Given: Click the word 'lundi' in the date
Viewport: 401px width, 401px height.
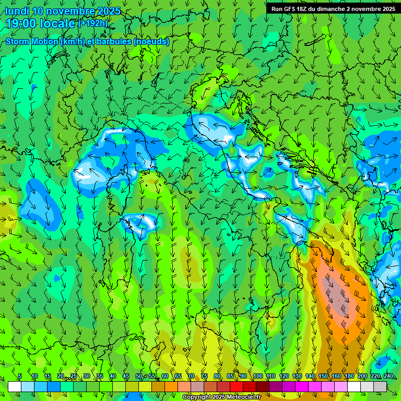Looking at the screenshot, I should (17, 11).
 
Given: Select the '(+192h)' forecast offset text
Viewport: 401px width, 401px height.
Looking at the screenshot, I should (93, 23).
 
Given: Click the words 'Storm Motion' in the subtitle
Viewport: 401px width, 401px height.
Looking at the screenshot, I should (32, 41).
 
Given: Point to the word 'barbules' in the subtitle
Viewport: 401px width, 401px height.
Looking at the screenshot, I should (114, 41).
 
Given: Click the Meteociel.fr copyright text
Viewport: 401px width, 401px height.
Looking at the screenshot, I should (225, 397).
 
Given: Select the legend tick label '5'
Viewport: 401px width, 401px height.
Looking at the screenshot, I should (20, 376).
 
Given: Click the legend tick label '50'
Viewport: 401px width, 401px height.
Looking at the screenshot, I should (139, 376).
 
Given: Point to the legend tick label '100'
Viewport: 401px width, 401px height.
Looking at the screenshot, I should (257, 376).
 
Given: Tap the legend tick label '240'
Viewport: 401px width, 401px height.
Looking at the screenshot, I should (388, 376).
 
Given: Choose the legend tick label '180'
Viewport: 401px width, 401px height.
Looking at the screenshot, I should (349, 376).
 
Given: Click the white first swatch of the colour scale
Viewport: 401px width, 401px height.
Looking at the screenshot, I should (15, 386).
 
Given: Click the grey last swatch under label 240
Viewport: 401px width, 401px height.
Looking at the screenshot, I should (380, 386).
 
